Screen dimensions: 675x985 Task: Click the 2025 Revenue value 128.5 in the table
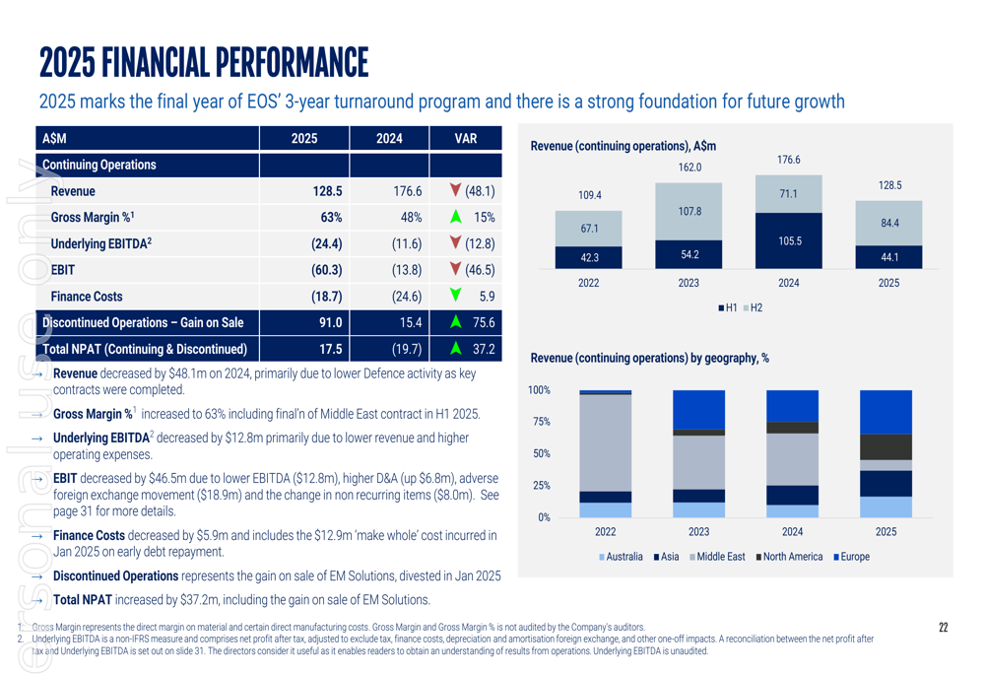pyautogui.click(x=326, y=192)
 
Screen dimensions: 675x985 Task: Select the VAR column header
pyautogui.click(x=466, y=139)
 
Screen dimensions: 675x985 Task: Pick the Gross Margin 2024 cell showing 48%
pyautogui.click(x=411, y=218)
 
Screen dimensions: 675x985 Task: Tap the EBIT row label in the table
pyautogui.click(x=63, y=269)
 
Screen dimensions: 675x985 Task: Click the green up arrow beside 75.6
pyautogui.click(x=455, y=322)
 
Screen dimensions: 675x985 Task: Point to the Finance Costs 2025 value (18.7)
pyautogui.click(x=326, y=296)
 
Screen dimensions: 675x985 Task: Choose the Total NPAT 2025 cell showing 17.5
pyautogui.click(x=330, y=348)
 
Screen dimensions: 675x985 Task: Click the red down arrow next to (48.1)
pyautogui.click(x=455, y=191)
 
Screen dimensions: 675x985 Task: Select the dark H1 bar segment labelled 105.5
pyautogui.click(x=788, y=240)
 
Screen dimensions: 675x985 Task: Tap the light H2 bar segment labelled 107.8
pyautogui.click(x=689, y=211)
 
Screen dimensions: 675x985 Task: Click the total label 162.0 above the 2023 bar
pyautogui.click(x=689, y=168)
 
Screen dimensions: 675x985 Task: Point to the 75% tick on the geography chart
pyautogui.click(x=539, y=422)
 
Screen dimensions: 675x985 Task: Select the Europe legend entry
pyautogui.click(x=852, y=557)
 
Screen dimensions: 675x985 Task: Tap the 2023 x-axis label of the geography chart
pyautogui.click(x=698, y=531)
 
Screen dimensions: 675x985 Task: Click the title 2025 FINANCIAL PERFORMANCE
pyautogui.click(x=204, y=63)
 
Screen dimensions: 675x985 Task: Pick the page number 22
pyautogui.click(x=943, y=628)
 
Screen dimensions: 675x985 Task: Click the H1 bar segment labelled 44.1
pyautogui.click(x=888, y=257)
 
